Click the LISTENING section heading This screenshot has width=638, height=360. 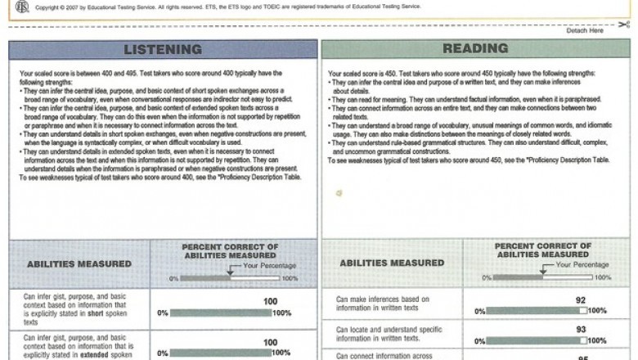point(163,49)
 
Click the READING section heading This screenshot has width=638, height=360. point(475,48)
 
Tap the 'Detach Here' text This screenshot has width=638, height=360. point(585,30)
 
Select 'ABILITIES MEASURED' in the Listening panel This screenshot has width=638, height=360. point(79,263)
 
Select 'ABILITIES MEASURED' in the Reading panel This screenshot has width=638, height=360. point(392,263)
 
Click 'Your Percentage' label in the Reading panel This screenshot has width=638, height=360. point(582,264)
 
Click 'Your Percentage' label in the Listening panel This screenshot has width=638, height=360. point(270,265)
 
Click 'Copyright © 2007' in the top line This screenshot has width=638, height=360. point(63,7)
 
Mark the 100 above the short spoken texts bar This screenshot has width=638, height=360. point(271,301)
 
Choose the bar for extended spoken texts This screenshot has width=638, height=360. point(221,353)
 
